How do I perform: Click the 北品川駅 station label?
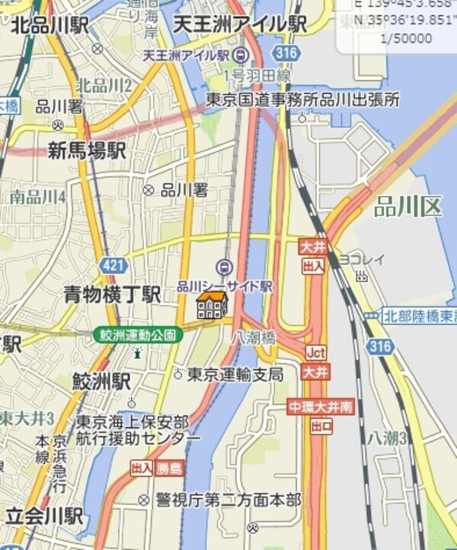click(48, 26)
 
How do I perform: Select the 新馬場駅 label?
click(86, 150)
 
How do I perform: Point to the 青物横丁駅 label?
click(111, 294)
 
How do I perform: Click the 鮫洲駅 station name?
click(101, 379)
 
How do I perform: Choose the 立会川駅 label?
click(42, 516)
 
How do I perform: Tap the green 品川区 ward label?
click(407, 205)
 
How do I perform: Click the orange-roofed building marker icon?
click(211, 304)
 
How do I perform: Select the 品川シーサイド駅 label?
click(224, 286)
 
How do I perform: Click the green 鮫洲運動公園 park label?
click(138, 335)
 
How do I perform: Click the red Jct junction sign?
click(315, 352)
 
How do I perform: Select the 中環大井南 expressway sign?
click(321, 407)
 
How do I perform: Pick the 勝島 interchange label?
click(170, 467)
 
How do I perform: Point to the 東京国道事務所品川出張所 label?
click(303, 99)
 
